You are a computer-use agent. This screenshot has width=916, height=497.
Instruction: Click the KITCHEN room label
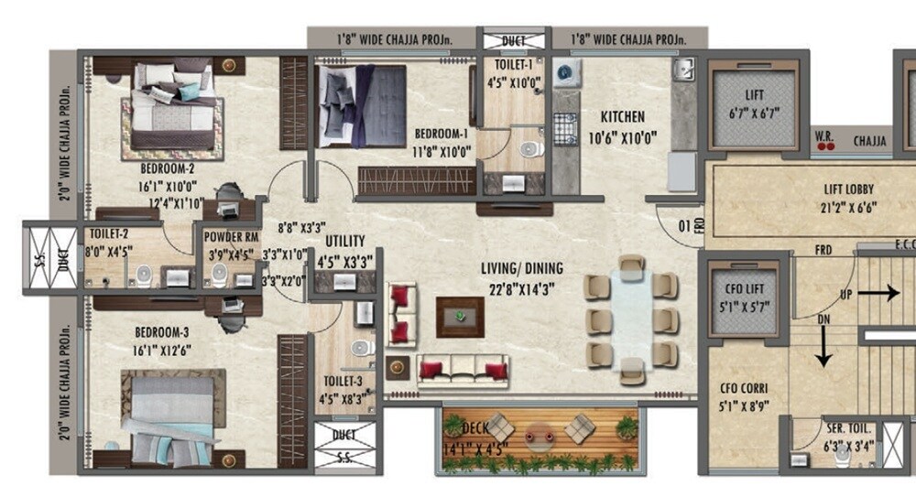pos(623,117)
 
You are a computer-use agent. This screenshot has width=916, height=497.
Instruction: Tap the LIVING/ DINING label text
pos(522,268)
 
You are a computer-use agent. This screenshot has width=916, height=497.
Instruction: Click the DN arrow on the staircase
pos(824,346)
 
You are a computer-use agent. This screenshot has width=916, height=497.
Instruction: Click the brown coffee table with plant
pos(460,316)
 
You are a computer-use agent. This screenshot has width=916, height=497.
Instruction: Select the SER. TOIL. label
pos(850,428)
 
